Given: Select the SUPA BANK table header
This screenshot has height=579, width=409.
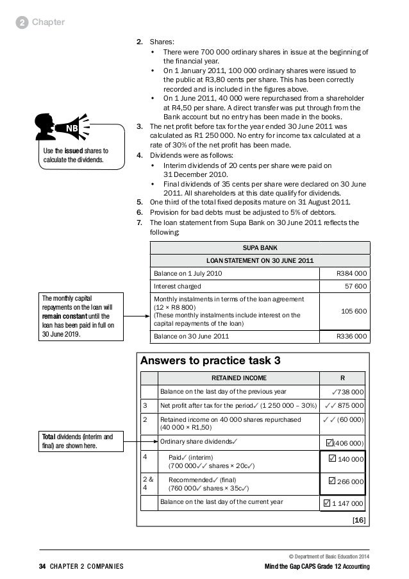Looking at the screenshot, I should (260, 247).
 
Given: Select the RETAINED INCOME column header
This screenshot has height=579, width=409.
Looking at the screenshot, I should (240, 378).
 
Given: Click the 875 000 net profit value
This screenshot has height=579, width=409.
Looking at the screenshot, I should (344, 405).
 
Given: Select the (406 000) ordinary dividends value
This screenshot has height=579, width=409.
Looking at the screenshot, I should (344, 442).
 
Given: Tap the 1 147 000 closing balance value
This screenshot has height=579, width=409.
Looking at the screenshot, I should (344, 503).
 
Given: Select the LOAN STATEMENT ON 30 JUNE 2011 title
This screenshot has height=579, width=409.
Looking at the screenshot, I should (260, 260).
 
